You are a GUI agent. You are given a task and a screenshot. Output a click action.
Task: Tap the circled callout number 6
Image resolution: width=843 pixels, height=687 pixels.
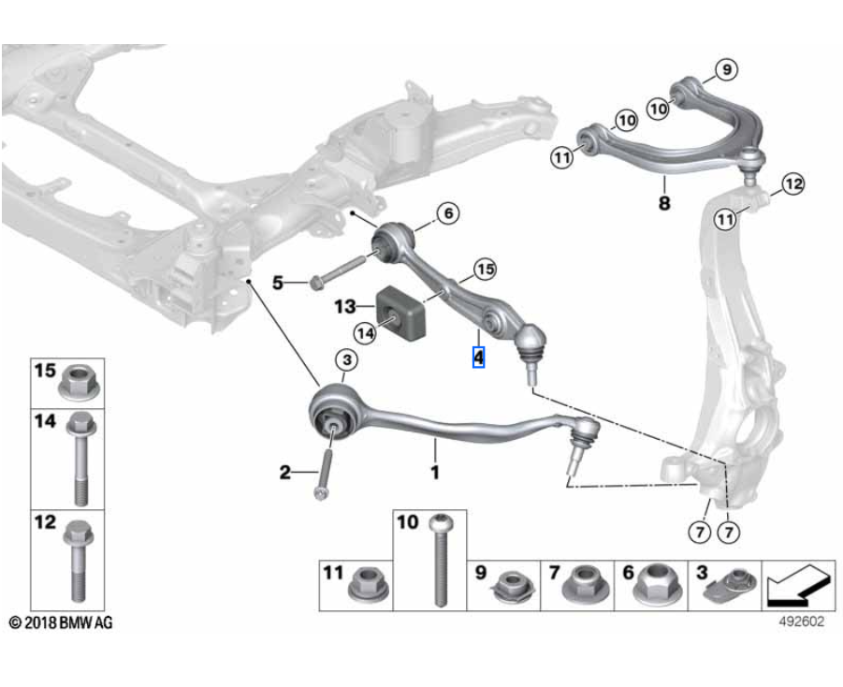(447, 213)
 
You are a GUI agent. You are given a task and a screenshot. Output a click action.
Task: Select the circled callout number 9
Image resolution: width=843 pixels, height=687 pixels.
(727, 67)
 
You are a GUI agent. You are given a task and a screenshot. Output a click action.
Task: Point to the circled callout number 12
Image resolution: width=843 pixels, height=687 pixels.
(792, 184)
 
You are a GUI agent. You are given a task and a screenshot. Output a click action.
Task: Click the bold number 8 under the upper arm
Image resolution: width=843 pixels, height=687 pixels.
(664, 201)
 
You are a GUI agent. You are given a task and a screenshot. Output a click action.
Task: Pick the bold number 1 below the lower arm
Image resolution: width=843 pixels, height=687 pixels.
(434, 474)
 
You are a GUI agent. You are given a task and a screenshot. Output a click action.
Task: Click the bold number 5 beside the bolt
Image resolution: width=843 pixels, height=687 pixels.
(277, 281)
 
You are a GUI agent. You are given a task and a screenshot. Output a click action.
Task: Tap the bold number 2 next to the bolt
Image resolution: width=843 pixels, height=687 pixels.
(284, 474)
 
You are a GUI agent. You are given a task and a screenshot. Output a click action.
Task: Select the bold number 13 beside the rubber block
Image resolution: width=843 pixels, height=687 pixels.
(345, 305)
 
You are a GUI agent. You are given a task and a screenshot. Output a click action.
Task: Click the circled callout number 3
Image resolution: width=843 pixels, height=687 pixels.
(344, 359)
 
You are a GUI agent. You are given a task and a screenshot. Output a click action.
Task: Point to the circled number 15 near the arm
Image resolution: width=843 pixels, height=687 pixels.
(484, 270)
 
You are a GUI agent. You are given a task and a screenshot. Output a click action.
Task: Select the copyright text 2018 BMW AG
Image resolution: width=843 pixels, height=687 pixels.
(61, 622)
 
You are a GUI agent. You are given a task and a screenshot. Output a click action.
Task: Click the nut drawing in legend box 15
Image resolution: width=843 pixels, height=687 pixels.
(78, 382)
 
